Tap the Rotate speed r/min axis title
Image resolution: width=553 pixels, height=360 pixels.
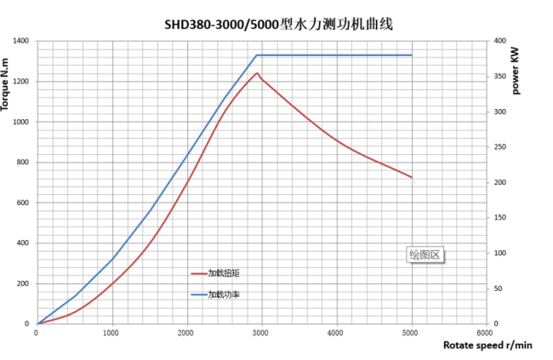487,345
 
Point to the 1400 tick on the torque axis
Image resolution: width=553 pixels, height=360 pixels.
20,41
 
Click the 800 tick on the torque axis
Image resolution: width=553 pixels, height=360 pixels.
22,162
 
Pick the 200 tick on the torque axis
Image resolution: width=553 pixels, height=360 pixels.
22,283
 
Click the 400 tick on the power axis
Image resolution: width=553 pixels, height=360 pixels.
499,41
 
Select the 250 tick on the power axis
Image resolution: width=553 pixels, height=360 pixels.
499,147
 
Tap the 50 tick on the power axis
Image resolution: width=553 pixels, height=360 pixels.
498,289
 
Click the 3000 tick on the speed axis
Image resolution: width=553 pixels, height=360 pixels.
260,333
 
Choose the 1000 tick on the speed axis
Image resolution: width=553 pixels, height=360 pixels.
112,333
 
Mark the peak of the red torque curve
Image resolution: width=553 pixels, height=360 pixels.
257,72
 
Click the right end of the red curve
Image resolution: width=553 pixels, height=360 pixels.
412,177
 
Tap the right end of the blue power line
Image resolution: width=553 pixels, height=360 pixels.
412,55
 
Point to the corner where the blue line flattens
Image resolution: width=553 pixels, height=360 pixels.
257,55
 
